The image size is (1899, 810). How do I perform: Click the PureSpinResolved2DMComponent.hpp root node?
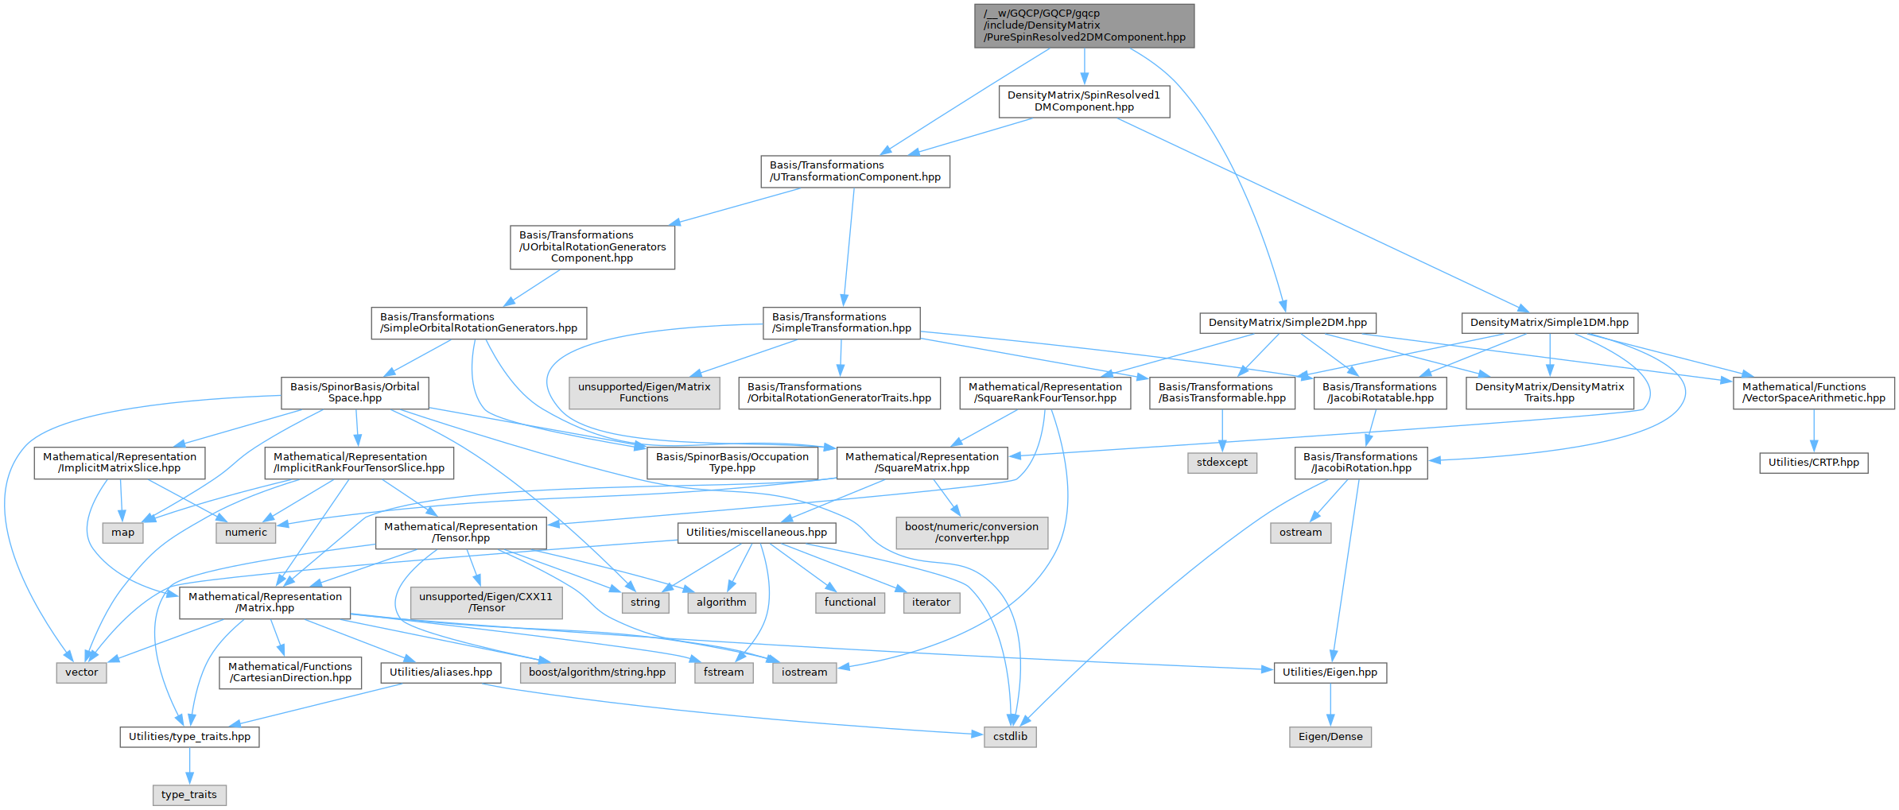pyautogui.click(x=1084, y=25)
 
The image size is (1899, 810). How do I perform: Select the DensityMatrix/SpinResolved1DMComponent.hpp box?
pyautogui.click(x=1084, y=101)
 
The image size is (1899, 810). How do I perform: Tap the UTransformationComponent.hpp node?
pyautogui.click(x=855, y=171)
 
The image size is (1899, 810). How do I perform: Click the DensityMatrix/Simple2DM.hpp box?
pyautogui.click(x=1287, y=323)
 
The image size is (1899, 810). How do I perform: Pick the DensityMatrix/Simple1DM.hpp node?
pyautogui.click(x=1549, y=323)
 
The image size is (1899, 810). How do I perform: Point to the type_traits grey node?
pyautogui.click(x=189, y=795)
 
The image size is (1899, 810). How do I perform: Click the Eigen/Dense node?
pyautogui.click(x=1330, y=737)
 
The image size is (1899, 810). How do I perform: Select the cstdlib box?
pyautogui.click(x=1010, y=737)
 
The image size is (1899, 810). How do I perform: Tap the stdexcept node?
pyautogui.click(x=1222, y=463)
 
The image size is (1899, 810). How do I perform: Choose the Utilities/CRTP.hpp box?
pyautogui.click(x=1814, y=463)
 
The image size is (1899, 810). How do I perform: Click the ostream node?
pyautogui.click(x=1300, y=533)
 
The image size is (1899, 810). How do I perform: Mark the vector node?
pyautogui.click(x=82, y=672)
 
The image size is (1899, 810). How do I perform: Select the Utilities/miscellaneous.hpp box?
pyautogui.click(x=756, y=533)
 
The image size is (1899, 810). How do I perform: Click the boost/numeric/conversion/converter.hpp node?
pyautogui.click(x=972, y=533)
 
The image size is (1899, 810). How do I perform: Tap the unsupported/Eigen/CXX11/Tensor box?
pyautogui.click(x=486, y=603)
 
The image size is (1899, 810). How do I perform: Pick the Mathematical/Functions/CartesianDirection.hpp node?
pyautogui.click(x=290, y=672)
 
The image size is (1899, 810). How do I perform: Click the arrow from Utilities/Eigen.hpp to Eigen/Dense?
pyautogui.click(x=1330, y=704)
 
